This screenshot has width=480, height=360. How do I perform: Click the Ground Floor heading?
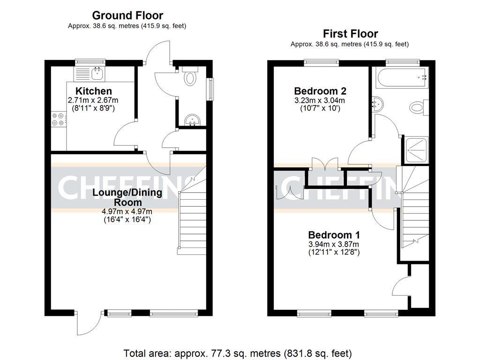pyautogui.click(x=127, y=15)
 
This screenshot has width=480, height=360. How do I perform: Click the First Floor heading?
pyautogui.click(x=350, y=34)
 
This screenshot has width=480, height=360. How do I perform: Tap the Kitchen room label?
pyautogui.click(x=94, y=91)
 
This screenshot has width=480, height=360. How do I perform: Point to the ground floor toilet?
pyautogui.click(x=190, y=77)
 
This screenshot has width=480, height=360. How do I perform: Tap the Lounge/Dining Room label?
pyautogui.click(x=127, y=197)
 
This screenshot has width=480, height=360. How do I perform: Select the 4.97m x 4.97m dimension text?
pyautogui.click(x=127, y=211)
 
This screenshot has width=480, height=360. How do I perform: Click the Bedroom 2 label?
pyautogui.click(x=320, y=91)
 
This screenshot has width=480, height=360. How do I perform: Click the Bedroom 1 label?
pyautogui.click(x=334, y=235)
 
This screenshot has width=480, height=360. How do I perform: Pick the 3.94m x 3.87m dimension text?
pyautogui.click(x=334, y=244)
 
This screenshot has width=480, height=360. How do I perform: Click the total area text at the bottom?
pyautogui.click(x=237, y=352)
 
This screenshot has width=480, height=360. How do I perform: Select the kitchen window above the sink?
pyautogui.click(x=91, y=61)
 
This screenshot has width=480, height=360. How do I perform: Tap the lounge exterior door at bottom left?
pyautogui.click(x=89, y=323)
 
